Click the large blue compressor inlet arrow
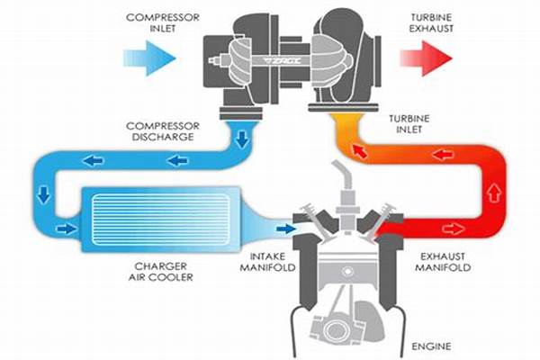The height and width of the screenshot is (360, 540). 150,58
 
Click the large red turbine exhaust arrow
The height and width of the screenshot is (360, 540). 427,58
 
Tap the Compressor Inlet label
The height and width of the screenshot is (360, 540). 163,22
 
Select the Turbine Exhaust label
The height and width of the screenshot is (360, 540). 431,22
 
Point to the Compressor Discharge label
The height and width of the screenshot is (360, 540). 163,131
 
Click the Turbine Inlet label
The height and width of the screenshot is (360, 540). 409,124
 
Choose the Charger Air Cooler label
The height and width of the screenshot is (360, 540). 161,272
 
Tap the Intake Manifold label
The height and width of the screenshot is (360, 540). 267,262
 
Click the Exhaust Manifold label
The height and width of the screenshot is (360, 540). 443,262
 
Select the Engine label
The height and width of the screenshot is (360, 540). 431,346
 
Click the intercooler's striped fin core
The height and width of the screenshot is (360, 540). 161,219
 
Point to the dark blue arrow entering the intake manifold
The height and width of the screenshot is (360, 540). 285,229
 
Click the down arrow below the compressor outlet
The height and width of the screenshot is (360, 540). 243,139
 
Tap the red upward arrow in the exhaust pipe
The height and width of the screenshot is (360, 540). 494,193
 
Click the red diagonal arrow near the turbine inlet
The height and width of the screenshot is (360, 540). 359,151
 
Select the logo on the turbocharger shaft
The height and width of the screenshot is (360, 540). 282,61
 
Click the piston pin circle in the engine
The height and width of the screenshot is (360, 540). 347,272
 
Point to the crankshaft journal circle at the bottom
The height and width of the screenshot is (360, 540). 336,330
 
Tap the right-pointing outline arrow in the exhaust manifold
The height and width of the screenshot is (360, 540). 454,229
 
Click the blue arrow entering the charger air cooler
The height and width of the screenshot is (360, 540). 67,229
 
